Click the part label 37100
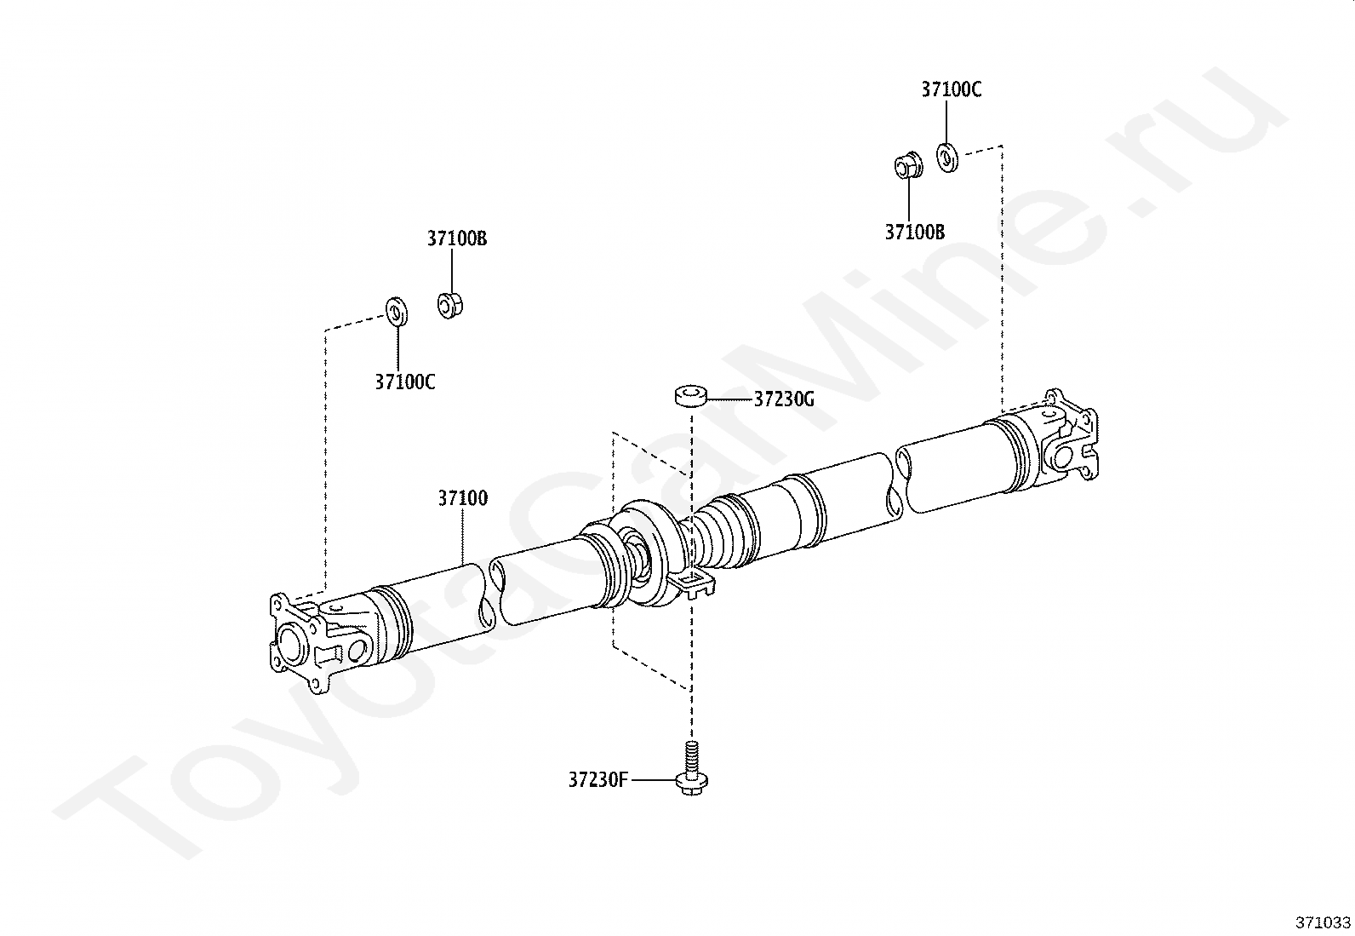463,498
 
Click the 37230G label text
784,399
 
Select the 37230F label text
598,780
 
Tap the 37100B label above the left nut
457,238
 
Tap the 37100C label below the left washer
404,382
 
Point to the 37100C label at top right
952,89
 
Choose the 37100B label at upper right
915,232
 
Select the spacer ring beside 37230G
690,396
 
